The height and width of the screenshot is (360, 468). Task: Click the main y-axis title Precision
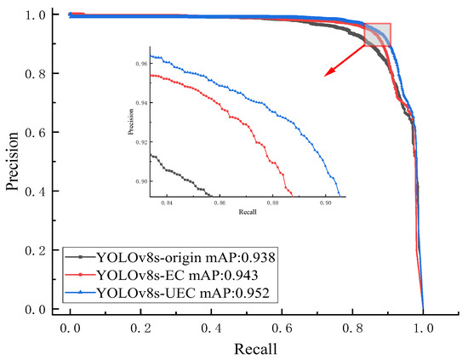(x=14, y=162)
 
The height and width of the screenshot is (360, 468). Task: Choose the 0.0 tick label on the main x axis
(x=71, y=326)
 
